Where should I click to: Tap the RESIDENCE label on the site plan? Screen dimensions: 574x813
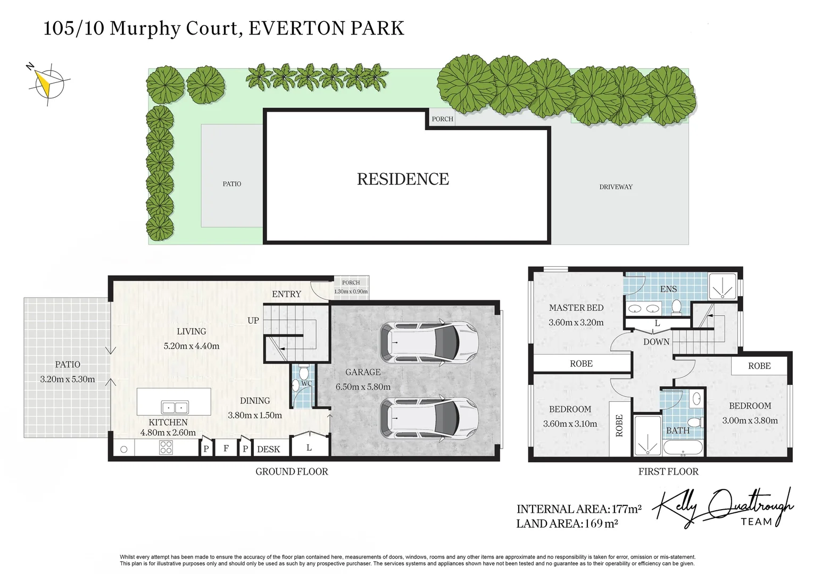tap(403, 179)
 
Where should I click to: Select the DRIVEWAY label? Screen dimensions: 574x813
tap(616, 187)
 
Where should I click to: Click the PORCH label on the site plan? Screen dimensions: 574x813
tap(442, 119)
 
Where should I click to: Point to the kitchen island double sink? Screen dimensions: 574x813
tap(175, 408)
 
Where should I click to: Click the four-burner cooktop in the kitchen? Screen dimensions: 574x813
tap(166, 448)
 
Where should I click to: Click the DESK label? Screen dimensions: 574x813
tap(268, 449)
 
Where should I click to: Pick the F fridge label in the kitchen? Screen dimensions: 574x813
tap(226, 449)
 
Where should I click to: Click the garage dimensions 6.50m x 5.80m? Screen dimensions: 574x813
tap(363, 387)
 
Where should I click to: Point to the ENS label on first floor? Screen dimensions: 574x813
tap(668, 289)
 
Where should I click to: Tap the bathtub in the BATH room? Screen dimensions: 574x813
tap(683, 450)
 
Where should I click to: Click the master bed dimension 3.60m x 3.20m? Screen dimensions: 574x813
tap(576, 322)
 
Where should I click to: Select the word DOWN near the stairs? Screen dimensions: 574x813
tap(656, 342)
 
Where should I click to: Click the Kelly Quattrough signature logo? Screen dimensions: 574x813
tap(724, 508)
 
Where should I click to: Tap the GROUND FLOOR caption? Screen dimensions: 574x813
tap(292, 471)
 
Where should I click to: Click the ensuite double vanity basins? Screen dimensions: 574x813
tap(643, 308)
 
